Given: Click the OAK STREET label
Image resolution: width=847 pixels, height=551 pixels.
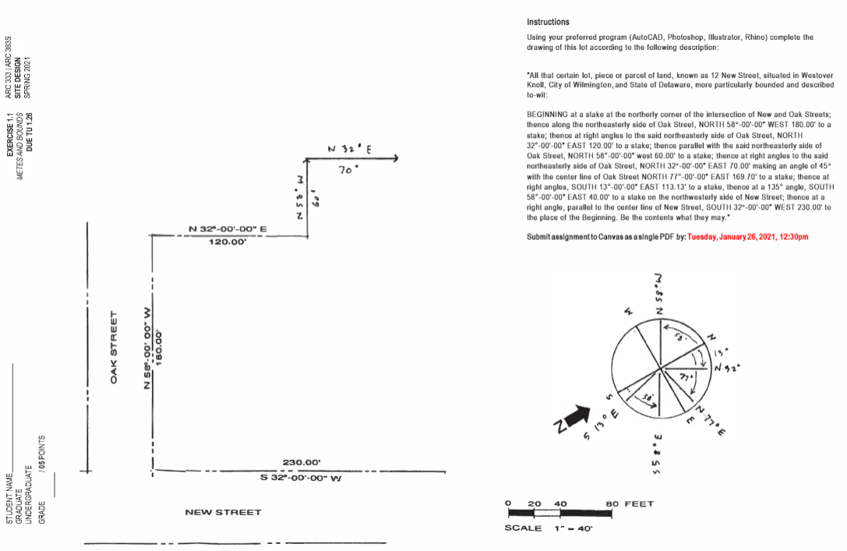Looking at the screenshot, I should tap(114, 348).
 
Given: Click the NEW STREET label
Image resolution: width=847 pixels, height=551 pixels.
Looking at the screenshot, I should tap(223, 512).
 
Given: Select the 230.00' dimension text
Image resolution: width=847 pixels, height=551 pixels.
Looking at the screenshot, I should tap(301, 463).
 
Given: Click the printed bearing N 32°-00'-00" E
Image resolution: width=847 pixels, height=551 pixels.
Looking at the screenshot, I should tap(228, 229).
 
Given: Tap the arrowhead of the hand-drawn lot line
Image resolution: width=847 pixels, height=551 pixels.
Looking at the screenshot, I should tap(395, 159).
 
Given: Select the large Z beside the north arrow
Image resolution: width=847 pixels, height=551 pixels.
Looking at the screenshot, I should tap(559, 427).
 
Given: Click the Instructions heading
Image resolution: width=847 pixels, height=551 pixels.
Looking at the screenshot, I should tap(548, 22).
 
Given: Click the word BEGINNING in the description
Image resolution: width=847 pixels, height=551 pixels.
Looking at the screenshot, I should tap(550, 115).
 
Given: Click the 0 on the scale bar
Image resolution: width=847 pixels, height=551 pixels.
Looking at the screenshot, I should tap(508, 503).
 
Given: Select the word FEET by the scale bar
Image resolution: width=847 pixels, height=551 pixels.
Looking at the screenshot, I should tap(639, 503).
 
